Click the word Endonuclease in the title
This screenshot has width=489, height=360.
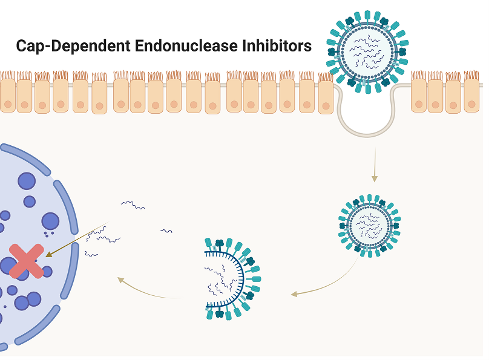coord(186,45)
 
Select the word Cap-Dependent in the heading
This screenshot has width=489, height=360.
coord(73,46)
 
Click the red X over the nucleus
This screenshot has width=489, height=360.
coord(27,261)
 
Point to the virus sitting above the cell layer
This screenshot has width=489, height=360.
coord(368,52)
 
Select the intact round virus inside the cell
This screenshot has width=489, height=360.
coord(370,226)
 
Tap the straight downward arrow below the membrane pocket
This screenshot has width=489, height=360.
coord(375,165)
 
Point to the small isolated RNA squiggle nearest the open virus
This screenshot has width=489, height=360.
coord(166,231)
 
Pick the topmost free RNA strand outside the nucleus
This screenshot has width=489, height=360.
coord(133,205)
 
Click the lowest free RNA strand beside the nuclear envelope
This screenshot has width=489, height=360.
coord(91,255)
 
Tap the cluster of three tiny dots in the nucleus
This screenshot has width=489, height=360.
coord(48,234)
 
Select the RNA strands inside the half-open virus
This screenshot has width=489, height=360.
coord(220,280)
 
